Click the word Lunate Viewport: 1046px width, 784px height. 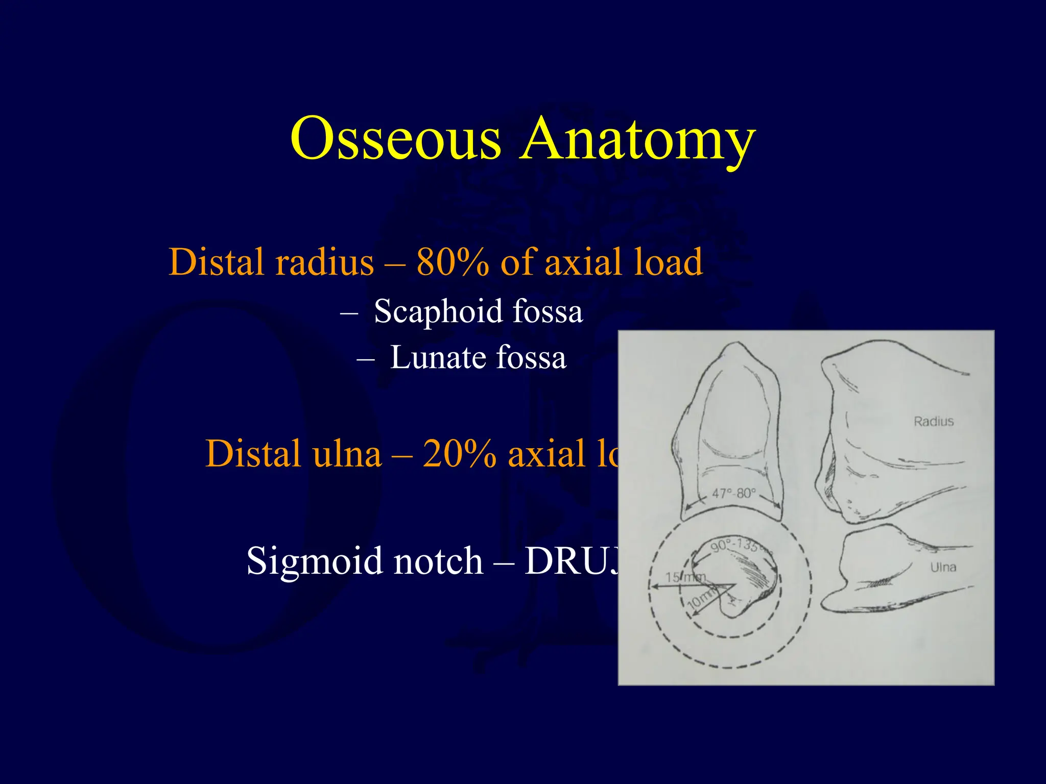437,357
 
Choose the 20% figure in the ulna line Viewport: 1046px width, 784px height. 459,454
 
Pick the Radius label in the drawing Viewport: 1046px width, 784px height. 933,422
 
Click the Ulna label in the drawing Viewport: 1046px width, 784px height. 943,567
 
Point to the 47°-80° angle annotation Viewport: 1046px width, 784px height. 733,494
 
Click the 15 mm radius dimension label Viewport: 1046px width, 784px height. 684,577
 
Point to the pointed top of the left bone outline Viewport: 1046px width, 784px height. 736,344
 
